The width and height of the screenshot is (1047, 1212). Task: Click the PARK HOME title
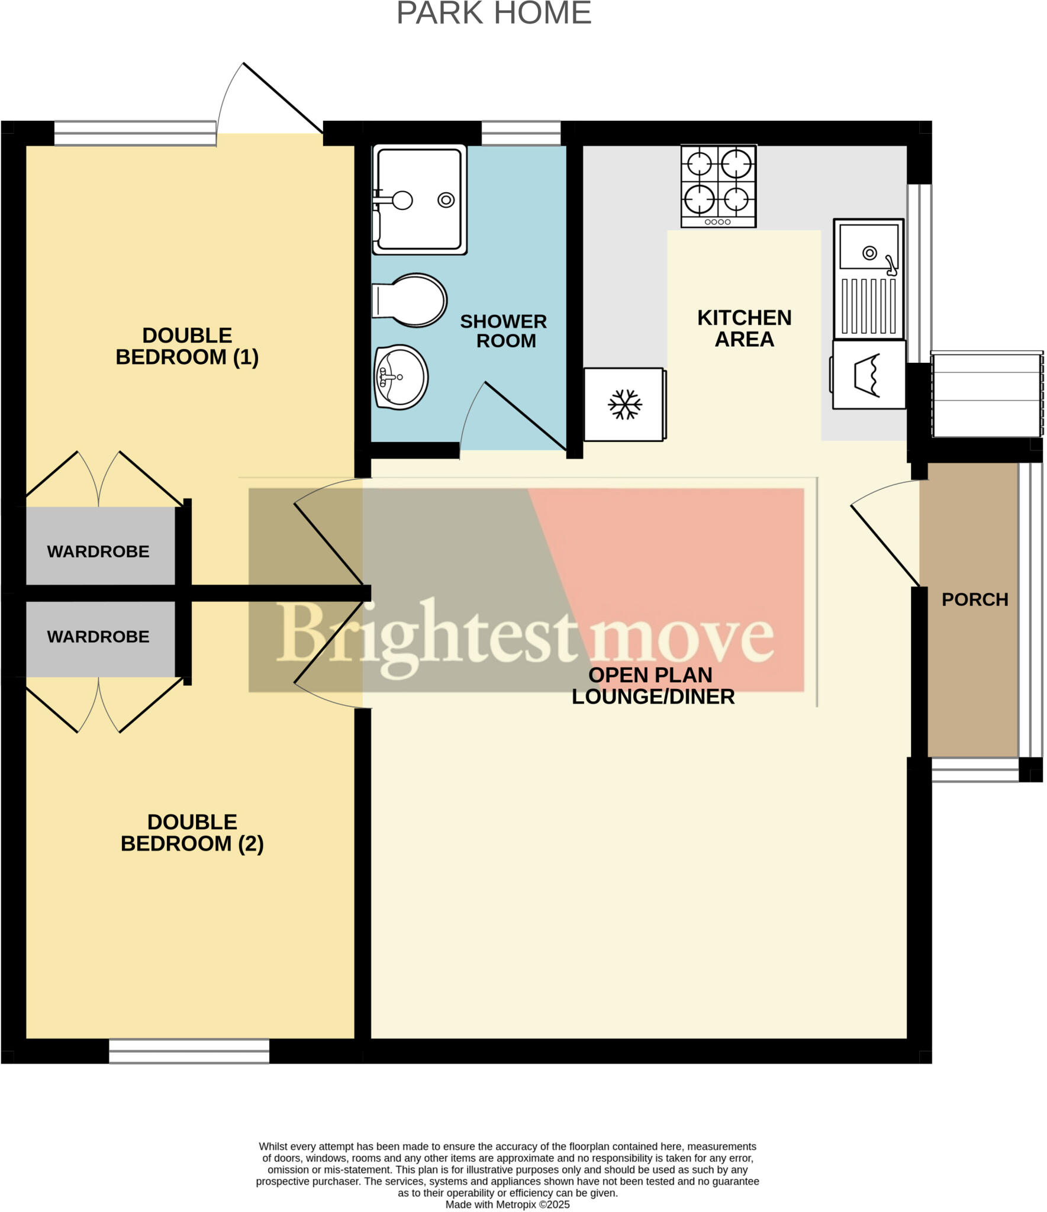[x=494, y=13]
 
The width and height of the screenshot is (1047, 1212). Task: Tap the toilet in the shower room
[x=410, y=300]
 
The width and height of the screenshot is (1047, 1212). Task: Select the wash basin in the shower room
[x=401, y=377]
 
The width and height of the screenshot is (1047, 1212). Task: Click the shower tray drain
[x=446, y=200]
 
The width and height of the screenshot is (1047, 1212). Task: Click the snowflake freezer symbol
[x=625, y=404]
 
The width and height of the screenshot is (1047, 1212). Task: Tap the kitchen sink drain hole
[x=869, y=253]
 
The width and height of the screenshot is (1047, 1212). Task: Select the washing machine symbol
[x=868, y=375]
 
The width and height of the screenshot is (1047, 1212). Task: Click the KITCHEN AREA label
[x=744, y=328]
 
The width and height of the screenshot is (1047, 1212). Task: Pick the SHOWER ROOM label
[x=504, y=331]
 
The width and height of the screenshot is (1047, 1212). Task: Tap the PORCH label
[x=974, y=599]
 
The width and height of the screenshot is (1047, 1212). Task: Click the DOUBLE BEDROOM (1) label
[x=187, y=346]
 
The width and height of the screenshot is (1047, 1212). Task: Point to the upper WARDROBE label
[x=98, y=552]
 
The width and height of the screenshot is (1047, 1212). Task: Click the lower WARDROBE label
[x=98, y=637]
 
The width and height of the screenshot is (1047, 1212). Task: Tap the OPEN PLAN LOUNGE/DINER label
[x=653, y=686]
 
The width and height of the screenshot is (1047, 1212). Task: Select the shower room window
[x=521, y=133]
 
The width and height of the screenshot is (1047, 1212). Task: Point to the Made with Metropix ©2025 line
[x=507, y=1204]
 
